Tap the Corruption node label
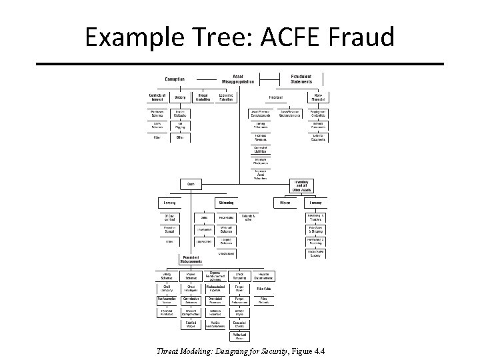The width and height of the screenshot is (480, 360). (175, 79)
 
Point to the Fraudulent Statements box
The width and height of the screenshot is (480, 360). (306, 79)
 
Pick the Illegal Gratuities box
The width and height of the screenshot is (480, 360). (203, 97)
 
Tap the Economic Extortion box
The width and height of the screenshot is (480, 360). (226, 97)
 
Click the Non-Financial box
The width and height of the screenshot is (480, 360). (317, 97)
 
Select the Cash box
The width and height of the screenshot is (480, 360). (191, 184)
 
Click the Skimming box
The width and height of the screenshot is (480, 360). (226, 201)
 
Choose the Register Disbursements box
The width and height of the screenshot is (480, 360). (263, 276)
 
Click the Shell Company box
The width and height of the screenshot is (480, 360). (163, 288)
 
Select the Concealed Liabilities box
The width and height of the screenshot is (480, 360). (261, 149)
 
